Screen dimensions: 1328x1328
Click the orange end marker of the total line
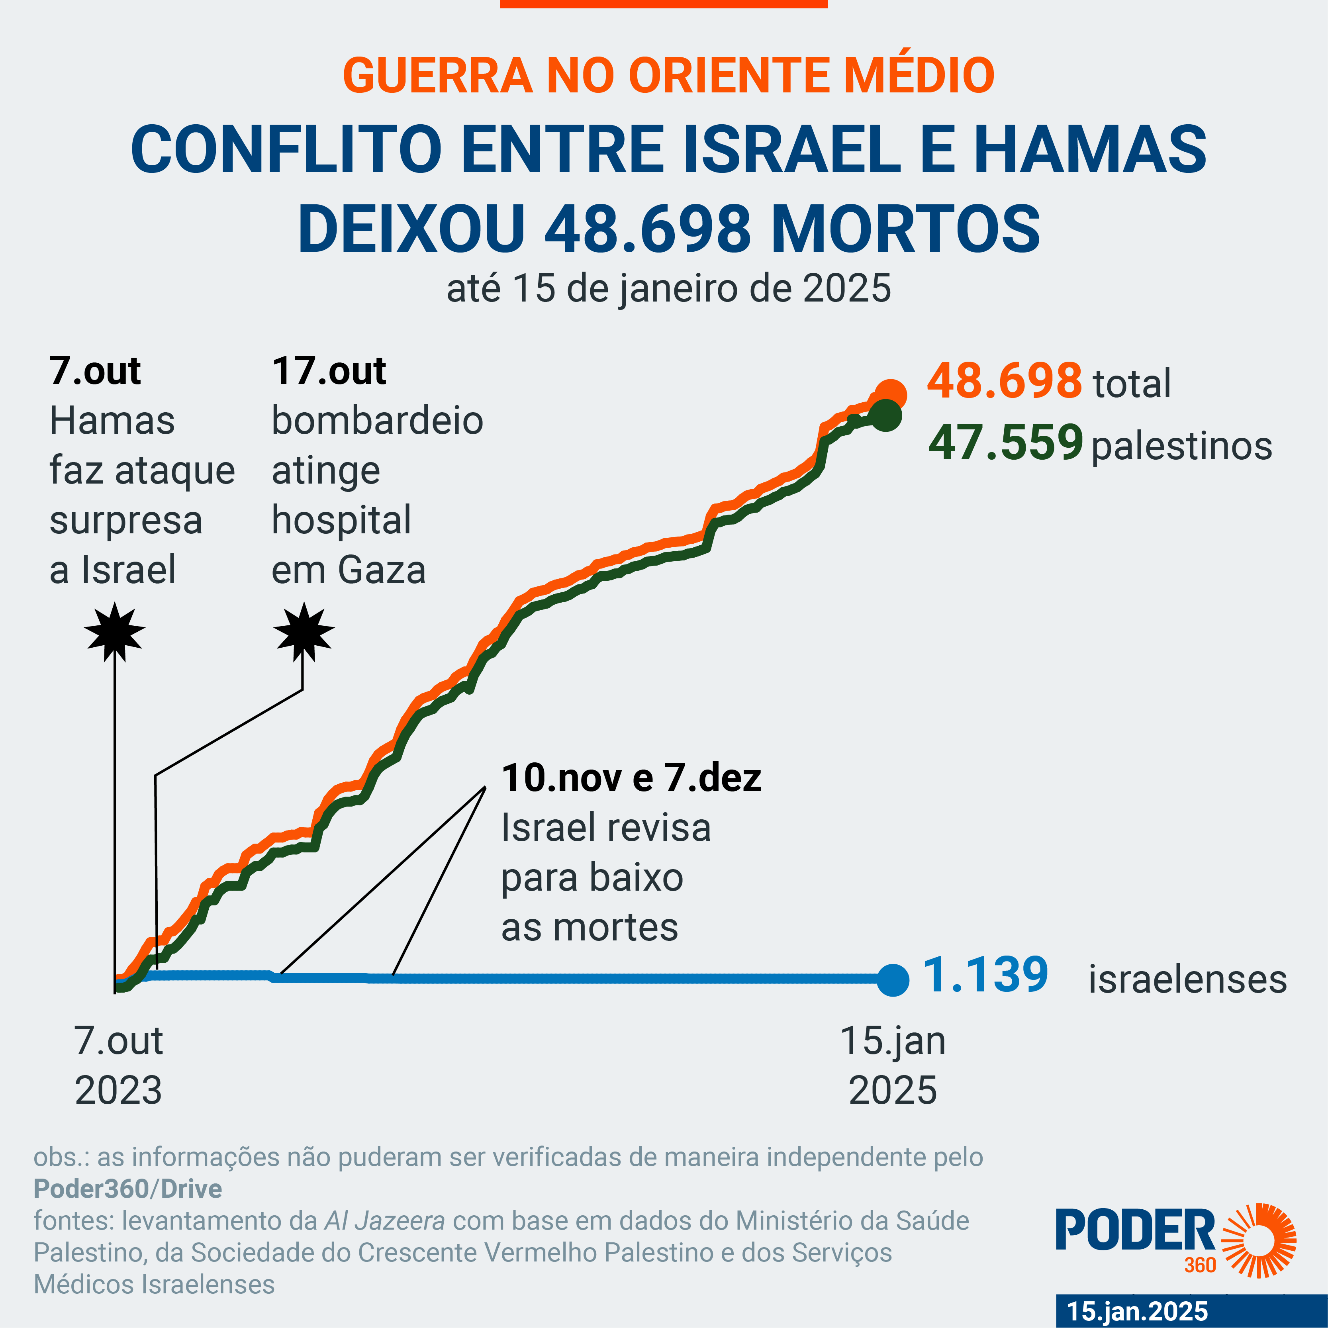point(891,395)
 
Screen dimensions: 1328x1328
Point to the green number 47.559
point(1006,442)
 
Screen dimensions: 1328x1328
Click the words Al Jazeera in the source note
point(384,1221)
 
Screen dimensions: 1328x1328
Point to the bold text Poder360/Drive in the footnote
point(128,1189)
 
